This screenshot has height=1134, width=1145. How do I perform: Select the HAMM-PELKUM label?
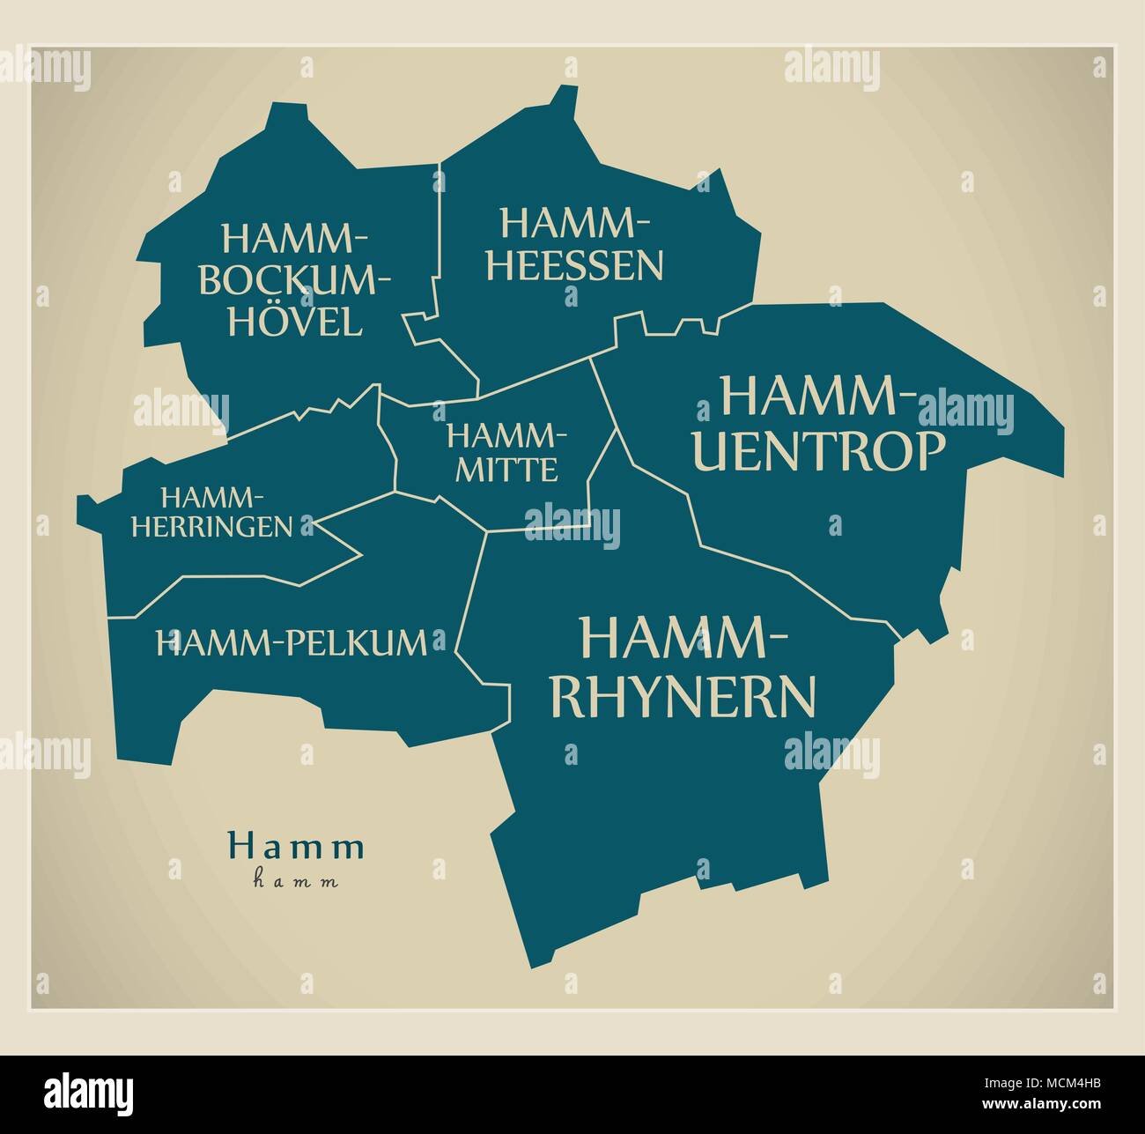click(291, 642)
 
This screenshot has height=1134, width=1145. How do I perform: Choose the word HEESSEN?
click(575, 265)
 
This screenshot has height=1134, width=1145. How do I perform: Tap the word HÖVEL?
click(295, 322)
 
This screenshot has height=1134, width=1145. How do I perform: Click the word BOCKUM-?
click(295, 281)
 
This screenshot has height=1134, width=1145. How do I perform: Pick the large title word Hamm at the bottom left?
click(296, 847)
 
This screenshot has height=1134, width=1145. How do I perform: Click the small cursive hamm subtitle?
click(296, 879)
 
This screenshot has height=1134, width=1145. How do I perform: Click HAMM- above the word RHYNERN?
click(683, 638)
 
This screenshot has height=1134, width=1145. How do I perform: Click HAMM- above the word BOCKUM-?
click(295, 239)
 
